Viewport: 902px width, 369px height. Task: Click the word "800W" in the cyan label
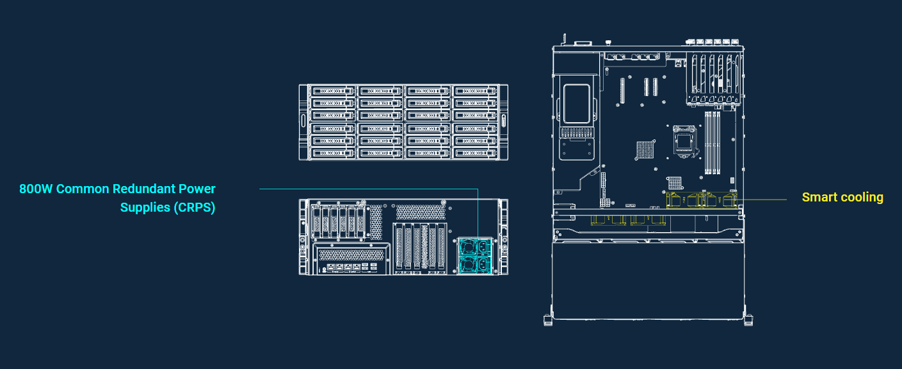pyautogui.click(x=36, y=189)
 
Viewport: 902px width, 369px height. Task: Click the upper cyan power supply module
pyautogui.click(x=475, y=246)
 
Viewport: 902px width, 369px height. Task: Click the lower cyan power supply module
pyautogui.click(x=475, y=264)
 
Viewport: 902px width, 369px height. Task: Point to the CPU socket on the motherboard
pyautogui.click(x=684, y=141)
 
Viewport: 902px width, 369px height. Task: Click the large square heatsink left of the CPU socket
pyautogui.click(x=645, y=150)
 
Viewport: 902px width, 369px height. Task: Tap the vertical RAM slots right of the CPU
pyautogui.click(x=713, y=143)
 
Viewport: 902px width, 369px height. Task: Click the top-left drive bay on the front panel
pyautogui.click(x=333, y=91)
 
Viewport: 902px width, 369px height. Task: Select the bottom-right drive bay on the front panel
pyautogui.click(x=475, y=153)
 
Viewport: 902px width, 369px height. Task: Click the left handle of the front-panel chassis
pyautogui.click(x=303, y=122)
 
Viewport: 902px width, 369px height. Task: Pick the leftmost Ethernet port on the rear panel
pyautogui.click(x=330, y=267)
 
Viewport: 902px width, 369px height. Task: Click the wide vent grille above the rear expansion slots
pyautogui.click(x=421, y=212)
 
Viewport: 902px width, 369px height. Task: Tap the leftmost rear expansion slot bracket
pyautogui.click(x=399, y=247)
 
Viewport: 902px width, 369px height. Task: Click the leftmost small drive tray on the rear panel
pyautogui.click(x=316, y=223)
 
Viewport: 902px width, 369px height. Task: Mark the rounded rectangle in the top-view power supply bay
pyautogui.click(x=576, y=104)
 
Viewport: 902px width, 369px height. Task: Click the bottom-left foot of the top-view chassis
pyautogui.click(x=548, y=321)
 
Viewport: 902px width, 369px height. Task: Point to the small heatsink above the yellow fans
pyautogui.click(x=675, y=183)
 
